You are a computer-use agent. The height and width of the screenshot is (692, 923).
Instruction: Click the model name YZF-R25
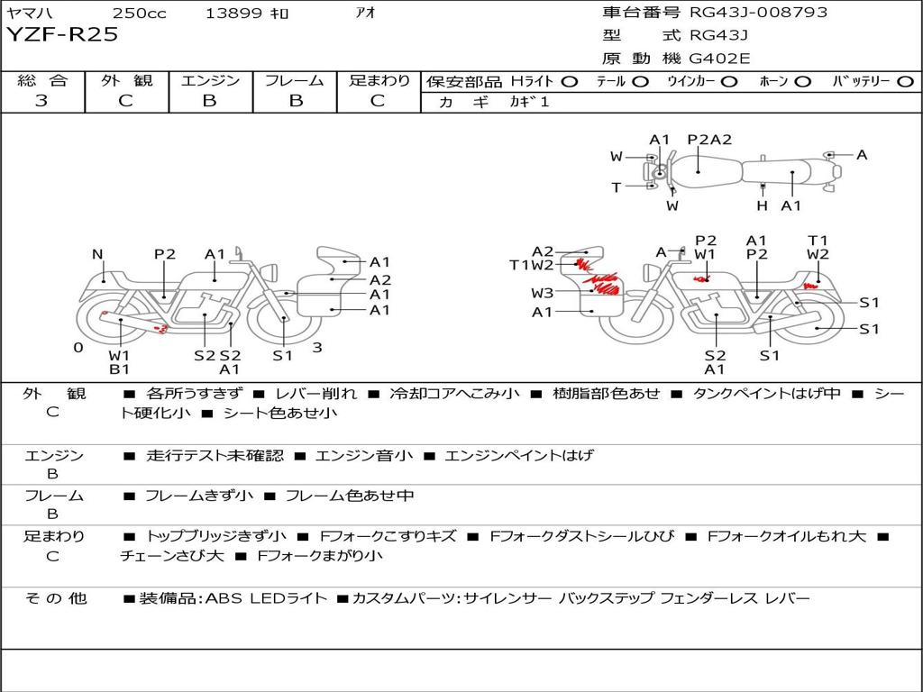[62, 35]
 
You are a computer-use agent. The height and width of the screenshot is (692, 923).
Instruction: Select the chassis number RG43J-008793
[759, 12]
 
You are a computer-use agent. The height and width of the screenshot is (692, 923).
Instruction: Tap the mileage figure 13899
[233, 13]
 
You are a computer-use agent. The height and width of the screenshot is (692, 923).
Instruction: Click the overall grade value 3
[41, 101]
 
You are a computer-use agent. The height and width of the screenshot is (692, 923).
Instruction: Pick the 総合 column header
[42, 80]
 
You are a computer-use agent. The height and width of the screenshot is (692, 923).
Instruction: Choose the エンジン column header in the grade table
[210, 80]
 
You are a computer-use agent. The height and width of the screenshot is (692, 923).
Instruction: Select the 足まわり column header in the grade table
[379, 80]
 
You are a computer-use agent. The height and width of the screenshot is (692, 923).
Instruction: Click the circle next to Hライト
[570, 82]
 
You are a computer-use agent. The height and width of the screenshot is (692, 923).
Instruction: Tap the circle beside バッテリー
[905, 82]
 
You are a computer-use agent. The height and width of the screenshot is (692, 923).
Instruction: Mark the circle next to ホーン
[803, 82]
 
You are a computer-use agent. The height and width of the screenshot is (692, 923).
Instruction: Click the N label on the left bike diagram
[97, 254]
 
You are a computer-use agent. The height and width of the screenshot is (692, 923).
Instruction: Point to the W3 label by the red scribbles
[542, 293]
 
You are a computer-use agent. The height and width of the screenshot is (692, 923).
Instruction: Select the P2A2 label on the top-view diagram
[710, 140]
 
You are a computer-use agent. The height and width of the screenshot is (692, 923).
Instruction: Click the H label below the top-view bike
[763, 205]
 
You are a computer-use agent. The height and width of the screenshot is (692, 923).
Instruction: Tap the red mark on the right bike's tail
[810, 287]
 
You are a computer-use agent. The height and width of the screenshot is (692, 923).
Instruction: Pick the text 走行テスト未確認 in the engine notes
[215, 455]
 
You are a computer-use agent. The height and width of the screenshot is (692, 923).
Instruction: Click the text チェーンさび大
[172, 555]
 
